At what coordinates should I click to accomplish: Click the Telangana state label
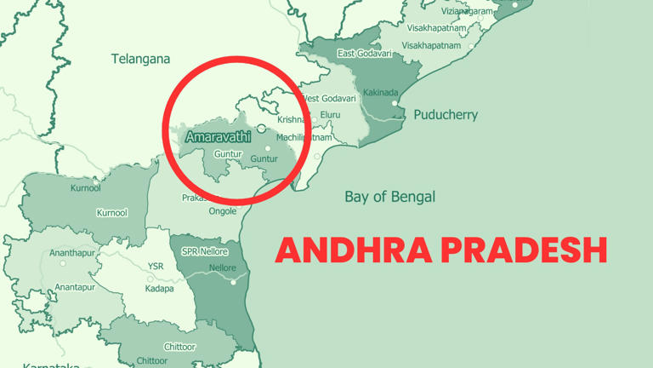140,59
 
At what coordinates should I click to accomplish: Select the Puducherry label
446,114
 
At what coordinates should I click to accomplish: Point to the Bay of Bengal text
389,197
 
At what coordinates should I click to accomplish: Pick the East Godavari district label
364,54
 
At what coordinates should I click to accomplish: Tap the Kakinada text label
379,91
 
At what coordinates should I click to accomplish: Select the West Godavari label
331,99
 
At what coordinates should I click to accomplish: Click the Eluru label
330,115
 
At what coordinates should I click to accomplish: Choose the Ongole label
223,211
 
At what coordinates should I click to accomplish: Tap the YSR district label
156,267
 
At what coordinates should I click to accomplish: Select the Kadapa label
159,289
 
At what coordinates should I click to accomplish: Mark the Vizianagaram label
467,11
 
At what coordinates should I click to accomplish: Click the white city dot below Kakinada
395,103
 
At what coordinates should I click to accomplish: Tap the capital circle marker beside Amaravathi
262,129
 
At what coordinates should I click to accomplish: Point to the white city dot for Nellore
233,281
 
